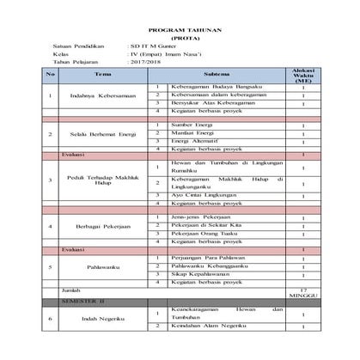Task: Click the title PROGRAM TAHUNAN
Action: pyautogui.click(x=180, y=28)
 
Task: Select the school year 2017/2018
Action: pyautogui.click(x=143, y=63)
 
